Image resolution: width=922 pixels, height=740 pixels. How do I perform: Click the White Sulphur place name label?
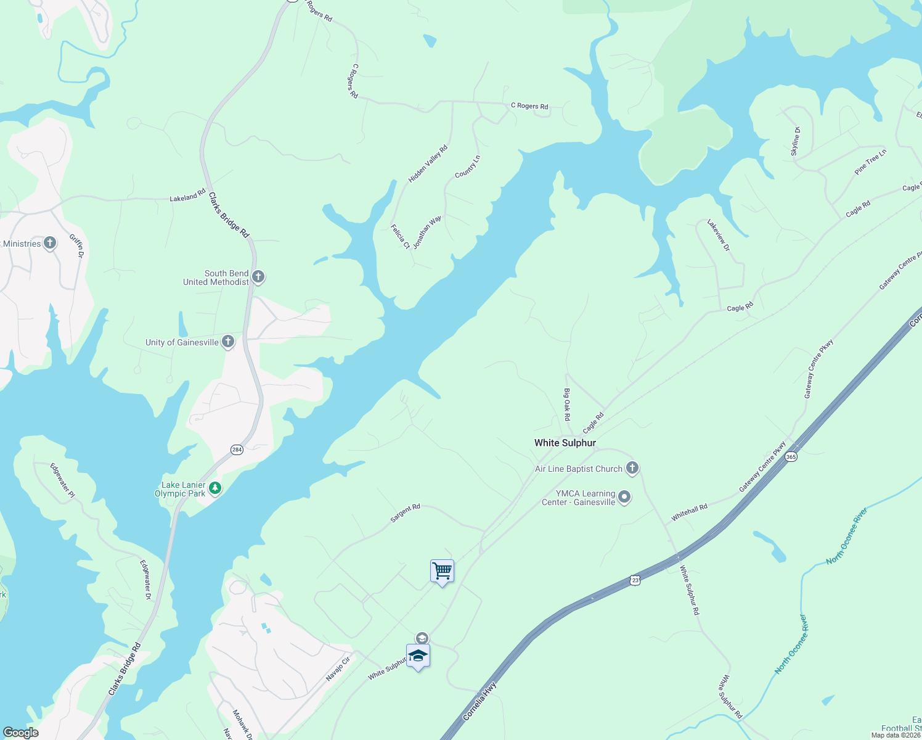565,443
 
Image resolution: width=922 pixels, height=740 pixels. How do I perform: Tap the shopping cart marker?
442,571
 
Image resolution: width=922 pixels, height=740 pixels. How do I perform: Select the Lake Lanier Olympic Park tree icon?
214,488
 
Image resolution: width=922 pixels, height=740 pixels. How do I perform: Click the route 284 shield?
237,450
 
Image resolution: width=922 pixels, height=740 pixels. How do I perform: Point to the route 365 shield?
791,457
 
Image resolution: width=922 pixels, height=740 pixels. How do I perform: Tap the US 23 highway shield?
635,580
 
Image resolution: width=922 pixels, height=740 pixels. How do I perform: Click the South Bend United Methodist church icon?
259,277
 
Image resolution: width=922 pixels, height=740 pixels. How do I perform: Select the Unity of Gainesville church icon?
228,342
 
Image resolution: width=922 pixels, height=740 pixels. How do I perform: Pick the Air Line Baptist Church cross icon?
632,468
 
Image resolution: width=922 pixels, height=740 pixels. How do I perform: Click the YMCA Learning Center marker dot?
624,497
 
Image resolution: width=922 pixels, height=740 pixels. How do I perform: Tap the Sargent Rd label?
405,513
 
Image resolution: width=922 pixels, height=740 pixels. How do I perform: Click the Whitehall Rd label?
689,512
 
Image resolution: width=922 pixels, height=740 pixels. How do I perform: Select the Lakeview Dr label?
718,235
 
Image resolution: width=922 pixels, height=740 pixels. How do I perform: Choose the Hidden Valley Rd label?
428,164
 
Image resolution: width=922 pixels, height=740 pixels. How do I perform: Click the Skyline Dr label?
796,141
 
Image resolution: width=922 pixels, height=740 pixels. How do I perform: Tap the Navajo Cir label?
338,669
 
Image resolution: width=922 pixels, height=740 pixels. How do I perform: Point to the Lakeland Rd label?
187,196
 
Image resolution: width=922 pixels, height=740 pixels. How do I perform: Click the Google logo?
20,733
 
